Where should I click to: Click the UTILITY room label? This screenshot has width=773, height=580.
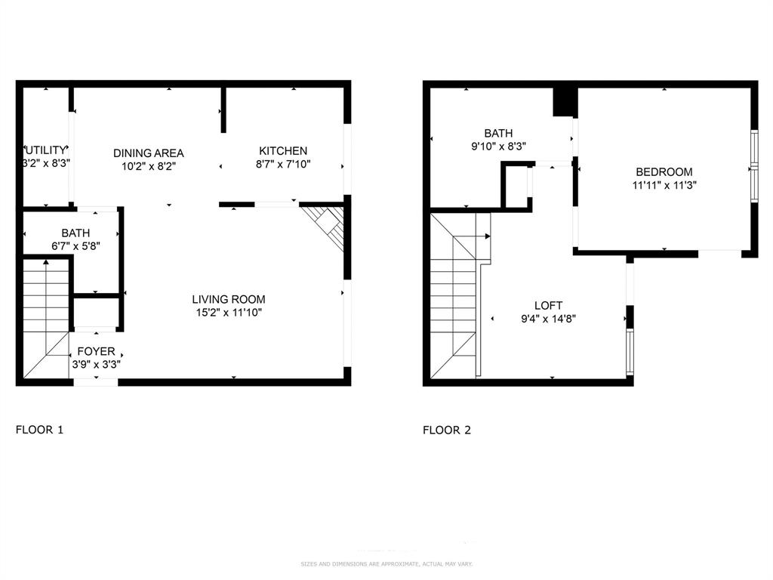pos(47,150)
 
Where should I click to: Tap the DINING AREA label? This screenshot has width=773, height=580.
pos(149,153)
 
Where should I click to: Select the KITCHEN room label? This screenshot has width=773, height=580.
pos(283,151)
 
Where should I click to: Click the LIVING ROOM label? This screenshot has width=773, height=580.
pos(228,299)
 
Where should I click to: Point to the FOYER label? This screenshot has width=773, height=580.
pos(96,351)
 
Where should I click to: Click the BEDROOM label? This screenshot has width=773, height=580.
pos(664,172)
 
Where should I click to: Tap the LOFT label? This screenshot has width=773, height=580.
pos(548,305)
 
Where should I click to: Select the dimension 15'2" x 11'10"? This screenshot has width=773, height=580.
pos(228,312)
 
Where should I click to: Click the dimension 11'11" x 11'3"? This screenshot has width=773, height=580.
pos(664,185)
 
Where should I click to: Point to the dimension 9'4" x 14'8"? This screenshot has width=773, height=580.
pos(548,318)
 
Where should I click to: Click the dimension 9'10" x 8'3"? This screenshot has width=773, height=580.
pos(498,147)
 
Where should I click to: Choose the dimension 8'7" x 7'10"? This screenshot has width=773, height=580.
pos(283,164)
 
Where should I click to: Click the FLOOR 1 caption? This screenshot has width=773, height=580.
pos(39,430)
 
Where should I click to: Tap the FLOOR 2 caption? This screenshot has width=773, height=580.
pos(447,430)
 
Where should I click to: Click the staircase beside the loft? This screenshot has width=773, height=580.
pos(455,295)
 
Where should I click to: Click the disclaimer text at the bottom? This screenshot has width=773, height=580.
pos(386,564)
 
